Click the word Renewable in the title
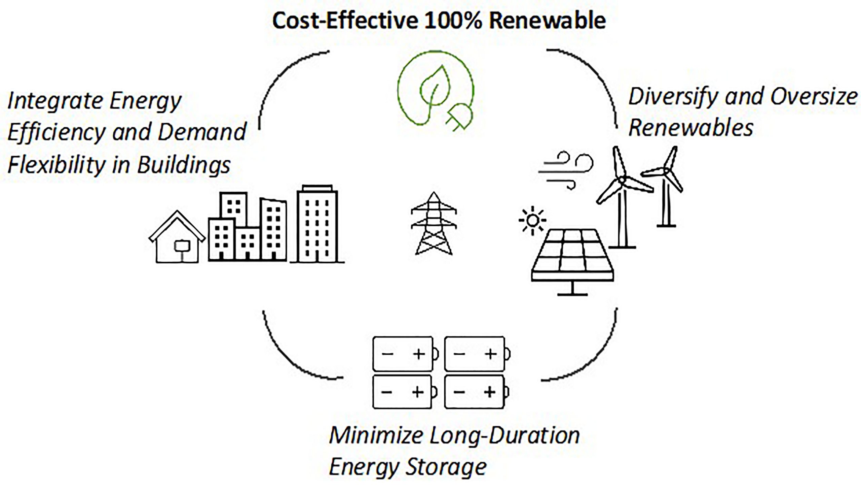pos(547,21)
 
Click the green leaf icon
pos(434,86)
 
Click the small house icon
pos(177,239)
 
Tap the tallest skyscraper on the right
pos(317,224)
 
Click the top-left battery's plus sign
pos(419,354)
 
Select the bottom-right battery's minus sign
pos(459,392)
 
